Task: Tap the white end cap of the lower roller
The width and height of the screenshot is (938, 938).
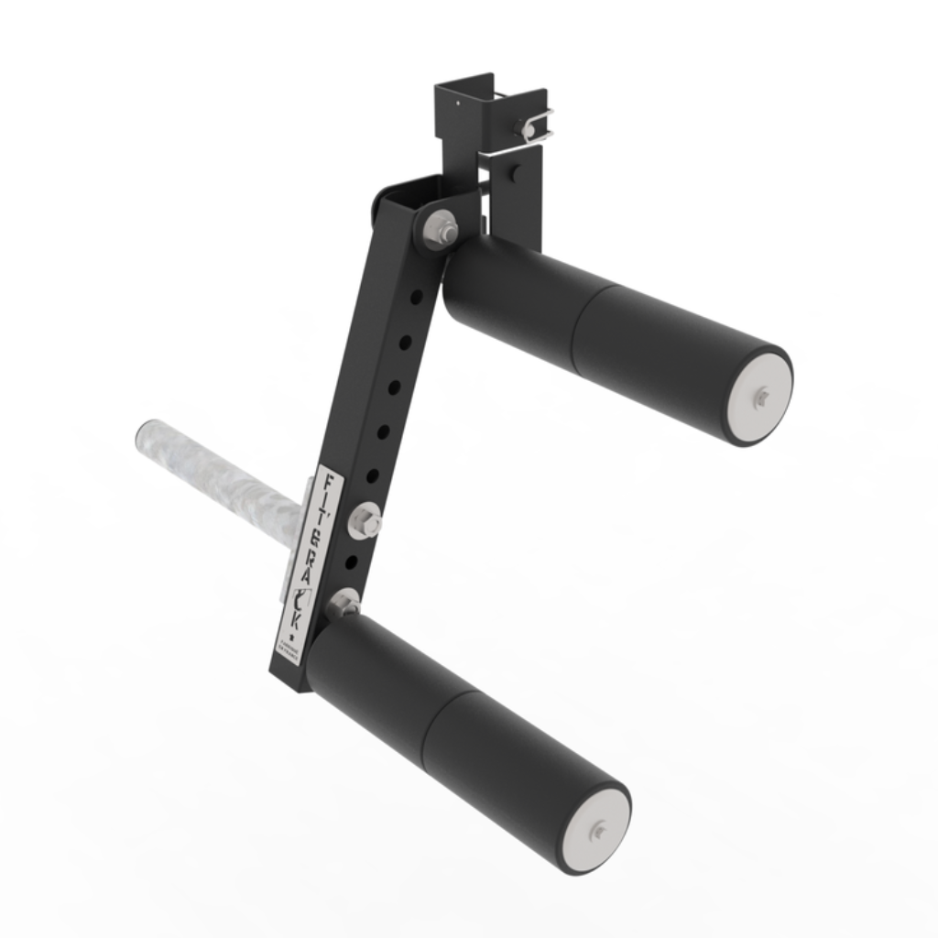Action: [x=596, y=830]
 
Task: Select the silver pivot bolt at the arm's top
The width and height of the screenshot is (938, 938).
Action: [x=441, y=229]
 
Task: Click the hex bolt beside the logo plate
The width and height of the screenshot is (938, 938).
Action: [x=365, y=521]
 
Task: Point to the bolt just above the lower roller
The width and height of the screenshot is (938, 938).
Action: [x=343, y=603]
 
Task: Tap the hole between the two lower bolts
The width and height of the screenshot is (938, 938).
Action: [x=352, y=562]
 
